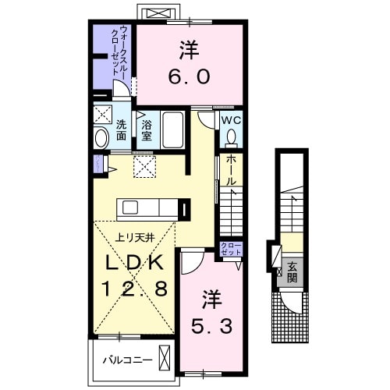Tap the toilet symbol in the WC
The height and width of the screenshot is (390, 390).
[231, 138]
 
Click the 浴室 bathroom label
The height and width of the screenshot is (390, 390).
[146, 129]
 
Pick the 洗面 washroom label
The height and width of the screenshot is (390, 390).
[122, 130]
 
